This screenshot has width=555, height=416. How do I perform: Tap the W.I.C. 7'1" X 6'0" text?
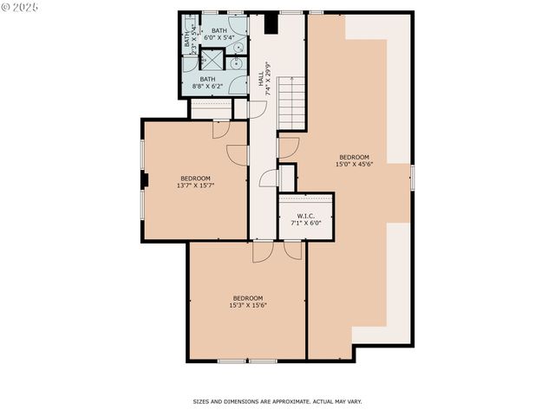pyautogui.click(x=305, y=219)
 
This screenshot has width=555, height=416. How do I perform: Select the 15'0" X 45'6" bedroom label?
pyautogui.click(x=354, y=160)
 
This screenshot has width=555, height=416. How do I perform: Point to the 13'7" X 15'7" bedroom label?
pyautogui.click(x=196, y=180)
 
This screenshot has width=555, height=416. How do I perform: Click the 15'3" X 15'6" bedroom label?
pyautogui.click(x=247, y=302)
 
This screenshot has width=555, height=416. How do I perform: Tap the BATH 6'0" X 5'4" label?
pyautogui.click(x=219, y=34)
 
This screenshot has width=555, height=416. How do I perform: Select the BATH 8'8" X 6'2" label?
pyautogui.click(x=208, y=82)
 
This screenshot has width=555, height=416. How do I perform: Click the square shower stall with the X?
pyautogui.click(x=212, y=60)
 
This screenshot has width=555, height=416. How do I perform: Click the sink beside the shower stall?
pyautogui.click(x=236, y=62)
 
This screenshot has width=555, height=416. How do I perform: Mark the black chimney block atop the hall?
pyautogui.click(x=271, y=23)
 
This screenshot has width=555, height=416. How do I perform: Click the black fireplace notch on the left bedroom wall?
pyautogui.click(x=145, y=179)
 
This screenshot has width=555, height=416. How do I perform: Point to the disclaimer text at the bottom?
pyautogui.click(x=277, y=401)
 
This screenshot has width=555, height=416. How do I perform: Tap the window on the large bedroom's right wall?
pyautogui.click(x=413, y=176)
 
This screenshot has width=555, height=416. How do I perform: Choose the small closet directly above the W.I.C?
pyautogui.click(x=287, y=176)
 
